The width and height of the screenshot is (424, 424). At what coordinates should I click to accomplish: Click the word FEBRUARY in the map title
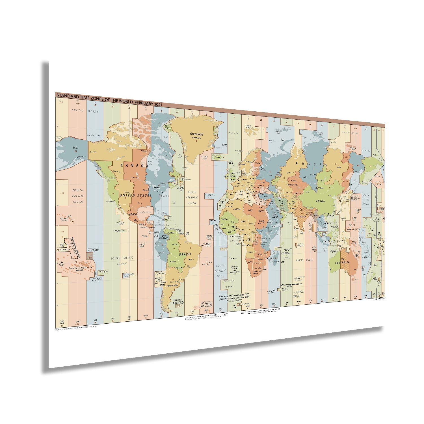click(x=144, y=103)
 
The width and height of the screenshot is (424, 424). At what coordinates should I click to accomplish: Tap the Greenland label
click(x=196, y=134)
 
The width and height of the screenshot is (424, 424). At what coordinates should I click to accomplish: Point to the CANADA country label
click(x=135, y=166)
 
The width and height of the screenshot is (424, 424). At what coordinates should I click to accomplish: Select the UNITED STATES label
click(x=135, y=195)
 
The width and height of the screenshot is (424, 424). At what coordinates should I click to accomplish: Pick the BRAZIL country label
click(x=185, y=254)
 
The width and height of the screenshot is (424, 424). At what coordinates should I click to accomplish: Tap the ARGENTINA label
click(x=173, y=285)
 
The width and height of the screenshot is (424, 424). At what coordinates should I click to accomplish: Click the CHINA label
click(x=320, y=201)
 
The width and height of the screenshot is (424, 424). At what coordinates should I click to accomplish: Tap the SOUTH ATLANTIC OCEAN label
click(x=220, y=271)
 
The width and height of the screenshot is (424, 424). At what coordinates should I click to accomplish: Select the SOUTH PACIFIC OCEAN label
click(x=122, y=261)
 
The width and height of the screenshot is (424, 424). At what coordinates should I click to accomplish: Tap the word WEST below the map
click(x=225, y=314)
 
